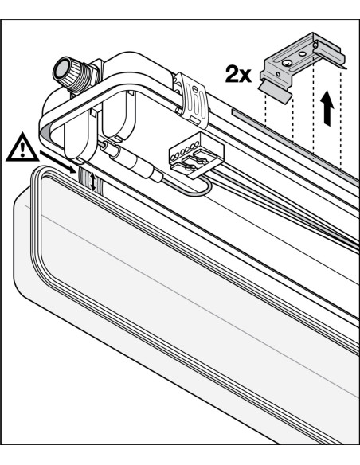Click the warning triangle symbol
[x=22, y=148]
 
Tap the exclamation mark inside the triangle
[x=22, y=149]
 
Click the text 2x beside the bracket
[x=238, y=74]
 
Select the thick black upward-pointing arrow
[x=327, y=108]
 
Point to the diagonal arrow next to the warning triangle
[x=57, y=162]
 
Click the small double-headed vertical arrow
[x=93, y=182]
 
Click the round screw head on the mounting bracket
[x=287, y=63]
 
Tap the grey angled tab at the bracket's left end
[x=275, y=92]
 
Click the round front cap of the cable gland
[x=61, y=70]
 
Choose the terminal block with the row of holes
[x=196, y=155]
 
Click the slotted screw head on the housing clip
[x=195, y=88]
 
